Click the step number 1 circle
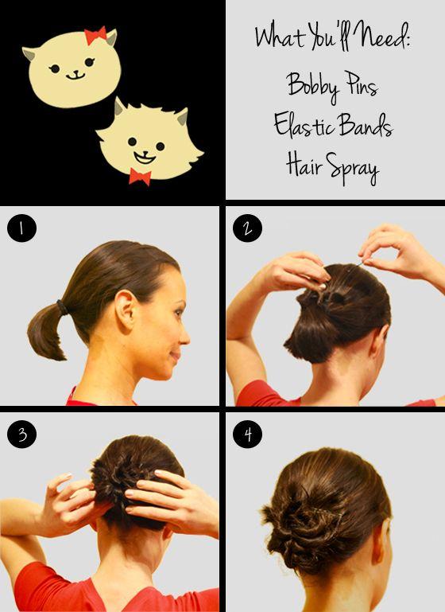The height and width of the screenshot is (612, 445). click(x=21, y=228)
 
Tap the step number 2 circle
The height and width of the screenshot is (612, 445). click(x=247, y=228)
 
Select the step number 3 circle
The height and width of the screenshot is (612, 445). click(x=21, y=434)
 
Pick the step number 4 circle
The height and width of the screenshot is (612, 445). click(x=247, y=434)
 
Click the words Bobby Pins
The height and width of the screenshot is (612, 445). click(x=332, y=87)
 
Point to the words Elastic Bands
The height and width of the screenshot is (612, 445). click(x=333, y=125)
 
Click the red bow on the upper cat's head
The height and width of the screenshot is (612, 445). click(x=95, y=35)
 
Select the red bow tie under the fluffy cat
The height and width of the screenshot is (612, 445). click(x=140, y=177)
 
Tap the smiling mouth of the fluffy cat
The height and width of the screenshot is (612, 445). click(x=145, y=157)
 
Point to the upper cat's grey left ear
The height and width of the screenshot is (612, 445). click(x=29, y=53)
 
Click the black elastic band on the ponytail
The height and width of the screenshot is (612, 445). click(x=61, y=307)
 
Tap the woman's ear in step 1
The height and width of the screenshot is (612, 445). click(x=126, y=308)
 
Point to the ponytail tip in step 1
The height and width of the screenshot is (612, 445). click(x=62, y=357)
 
